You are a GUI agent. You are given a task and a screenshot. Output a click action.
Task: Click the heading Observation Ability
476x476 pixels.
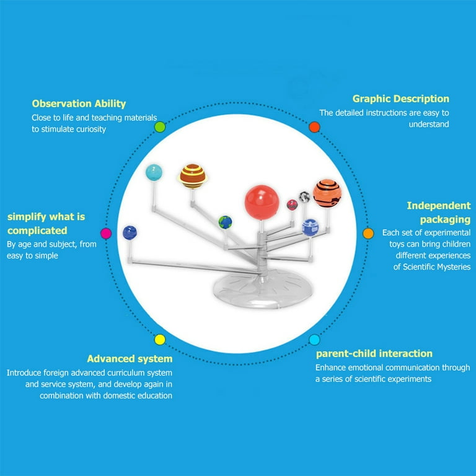[79, 104]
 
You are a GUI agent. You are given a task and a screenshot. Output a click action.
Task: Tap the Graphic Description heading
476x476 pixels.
[400, 99]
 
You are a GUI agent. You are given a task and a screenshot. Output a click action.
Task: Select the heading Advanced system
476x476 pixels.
[130, 358]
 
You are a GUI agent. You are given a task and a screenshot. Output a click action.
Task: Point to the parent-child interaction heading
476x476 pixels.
[374, 353]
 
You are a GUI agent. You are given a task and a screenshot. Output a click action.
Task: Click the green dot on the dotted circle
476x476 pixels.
[160, 127]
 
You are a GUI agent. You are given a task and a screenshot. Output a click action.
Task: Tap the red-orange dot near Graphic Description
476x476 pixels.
[314, 127]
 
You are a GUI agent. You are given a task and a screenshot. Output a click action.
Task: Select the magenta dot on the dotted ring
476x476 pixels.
[106, 234]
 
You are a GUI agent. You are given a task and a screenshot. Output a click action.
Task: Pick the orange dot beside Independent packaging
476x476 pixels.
[368, 234]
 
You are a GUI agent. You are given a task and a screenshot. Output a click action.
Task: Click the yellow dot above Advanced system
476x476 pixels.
[160, 339]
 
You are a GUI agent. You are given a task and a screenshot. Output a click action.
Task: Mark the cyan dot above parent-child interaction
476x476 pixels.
[314, 339]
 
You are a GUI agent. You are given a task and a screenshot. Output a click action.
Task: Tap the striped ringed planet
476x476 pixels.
[193, 175]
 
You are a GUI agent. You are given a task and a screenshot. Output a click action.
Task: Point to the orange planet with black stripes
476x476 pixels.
[327, 193]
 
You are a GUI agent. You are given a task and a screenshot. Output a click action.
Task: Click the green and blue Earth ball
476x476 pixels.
[225, 222]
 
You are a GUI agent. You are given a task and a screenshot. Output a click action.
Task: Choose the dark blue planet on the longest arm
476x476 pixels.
[130, 232]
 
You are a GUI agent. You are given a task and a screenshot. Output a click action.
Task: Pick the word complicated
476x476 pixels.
[37, 231]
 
